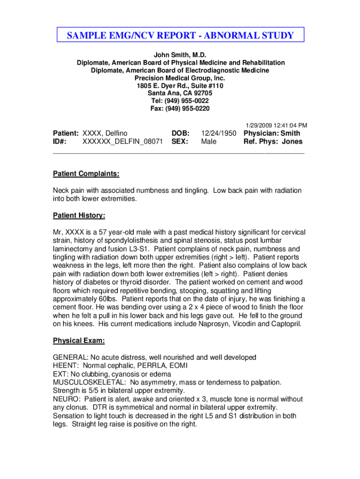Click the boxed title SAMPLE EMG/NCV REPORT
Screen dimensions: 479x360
[180, 36]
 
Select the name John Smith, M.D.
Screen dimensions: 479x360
[180, 55]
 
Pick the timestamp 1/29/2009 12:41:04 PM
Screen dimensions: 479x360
[276, 125]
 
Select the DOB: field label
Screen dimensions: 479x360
[180, 133]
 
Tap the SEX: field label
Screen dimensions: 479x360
[180, 142]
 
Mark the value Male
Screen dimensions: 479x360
[209, 142]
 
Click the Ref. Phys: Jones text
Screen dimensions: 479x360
[273, 142]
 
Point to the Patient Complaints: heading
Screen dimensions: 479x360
[86, 174]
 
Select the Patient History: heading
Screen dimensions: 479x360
[79, 216]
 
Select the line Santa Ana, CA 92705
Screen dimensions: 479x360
[180, 93]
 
